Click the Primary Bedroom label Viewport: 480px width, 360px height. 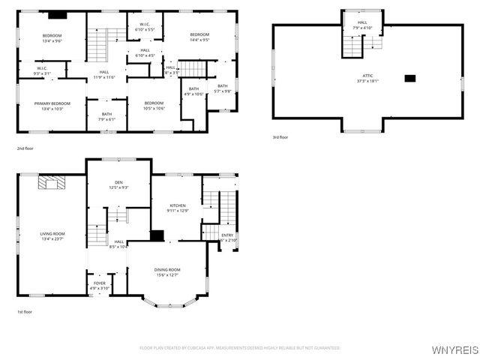(x=52, y=106)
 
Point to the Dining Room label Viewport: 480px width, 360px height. (x=167, y=272)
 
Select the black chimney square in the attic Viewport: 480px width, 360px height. (x=409, y=78)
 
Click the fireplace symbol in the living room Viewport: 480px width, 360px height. (x=52, y=181)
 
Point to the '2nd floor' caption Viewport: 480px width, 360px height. (x=25, y=148)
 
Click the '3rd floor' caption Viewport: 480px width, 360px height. (x=280, y=137)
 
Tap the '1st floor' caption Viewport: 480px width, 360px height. (x=25, y=311)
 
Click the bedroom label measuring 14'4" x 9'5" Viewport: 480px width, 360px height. (x=199, y=37)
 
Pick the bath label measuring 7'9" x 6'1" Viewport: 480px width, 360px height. (x=107, y=117)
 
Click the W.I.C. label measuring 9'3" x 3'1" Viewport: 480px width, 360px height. (x=41, y=71)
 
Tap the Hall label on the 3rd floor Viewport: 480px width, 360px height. (x=362, y=25)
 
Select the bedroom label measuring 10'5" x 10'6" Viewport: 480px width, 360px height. (x=154, y=105)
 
